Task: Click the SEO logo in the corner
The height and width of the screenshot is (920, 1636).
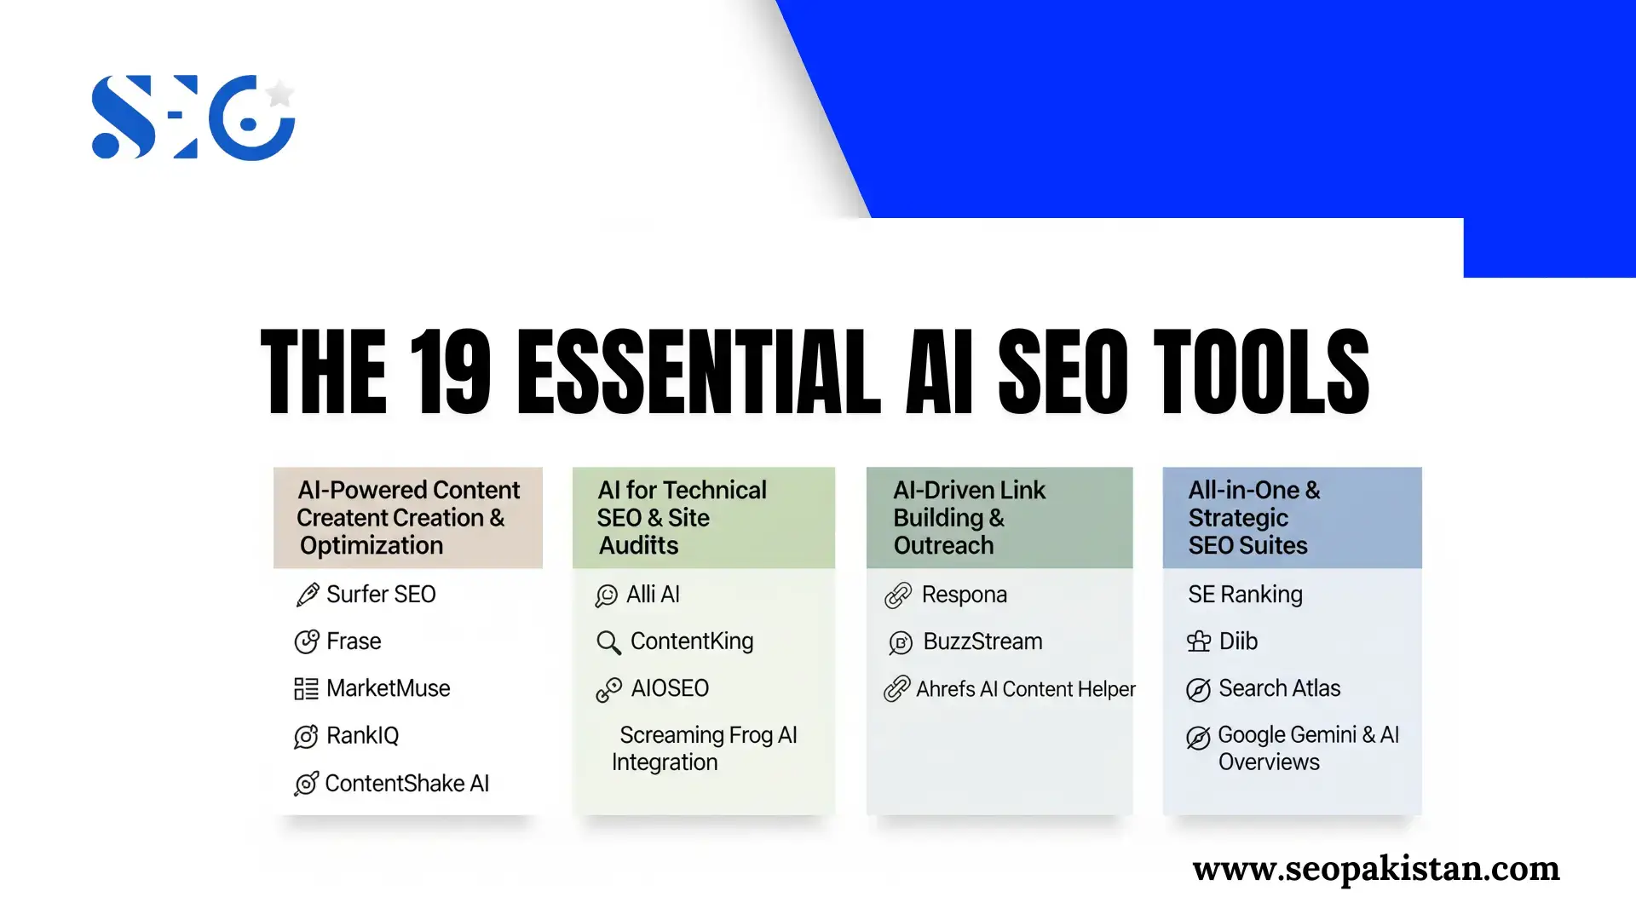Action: [x=193, y=118]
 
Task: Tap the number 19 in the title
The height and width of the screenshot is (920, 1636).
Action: [x=450, y=372]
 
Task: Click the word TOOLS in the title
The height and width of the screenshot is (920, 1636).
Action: [x=1261, y=372]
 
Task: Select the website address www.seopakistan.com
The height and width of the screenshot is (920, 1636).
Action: [x=1376, y=868]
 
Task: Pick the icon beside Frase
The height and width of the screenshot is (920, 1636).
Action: [x=307, y=641]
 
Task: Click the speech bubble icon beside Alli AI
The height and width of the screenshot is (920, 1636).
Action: [x=607, y=595]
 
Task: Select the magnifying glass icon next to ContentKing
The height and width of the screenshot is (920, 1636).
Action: [x=608, y=642]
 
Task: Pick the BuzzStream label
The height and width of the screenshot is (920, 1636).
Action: [x=982, y=641]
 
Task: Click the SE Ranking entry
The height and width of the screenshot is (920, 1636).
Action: [x=1245, y=595]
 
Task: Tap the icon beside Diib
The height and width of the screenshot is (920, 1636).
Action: [x=1199, y=641]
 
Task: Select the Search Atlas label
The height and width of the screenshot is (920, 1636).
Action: [x=1279, y=688]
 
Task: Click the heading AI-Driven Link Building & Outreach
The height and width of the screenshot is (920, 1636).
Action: [x=969, y=518]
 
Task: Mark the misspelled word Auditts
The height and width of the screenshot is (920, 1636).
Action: [x=638, y=545]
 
